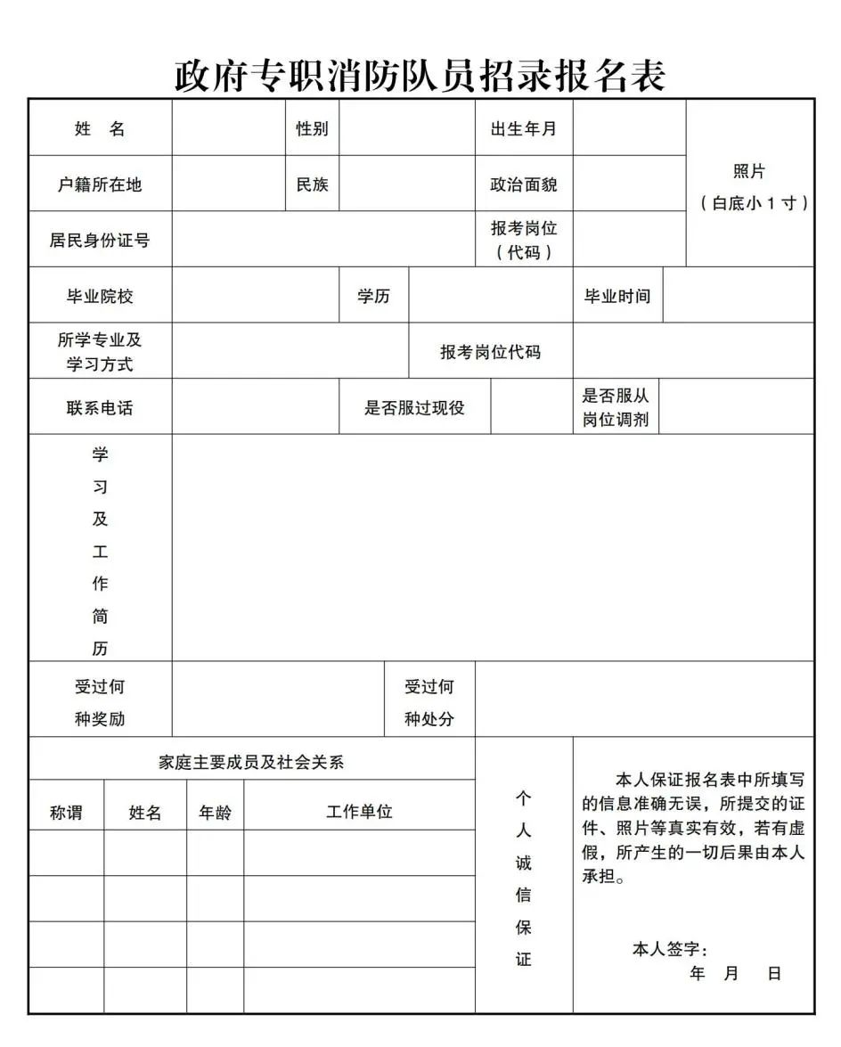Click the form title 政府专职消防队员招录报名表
420,76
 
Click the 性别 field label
312,128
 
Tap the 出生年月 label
523,128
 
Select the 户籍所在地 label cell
100,184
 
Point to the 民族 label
312,184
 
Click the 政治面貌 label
523,184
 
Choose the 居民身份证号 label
100,240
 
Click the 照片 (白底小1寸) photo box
749,185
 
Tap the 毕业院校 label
100,296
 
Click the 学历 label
373,296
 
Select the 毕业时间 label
616,296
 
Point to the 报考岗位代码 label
490,352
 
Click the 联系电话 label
100,408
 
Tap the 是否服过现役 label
414,408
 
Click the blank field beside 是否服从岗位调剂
736,407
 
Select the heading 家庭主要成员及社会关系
251,762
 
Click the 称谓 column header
66,812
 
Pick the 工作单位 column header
359,811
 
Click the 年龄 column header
215,812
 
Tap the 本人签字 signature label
669,950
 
